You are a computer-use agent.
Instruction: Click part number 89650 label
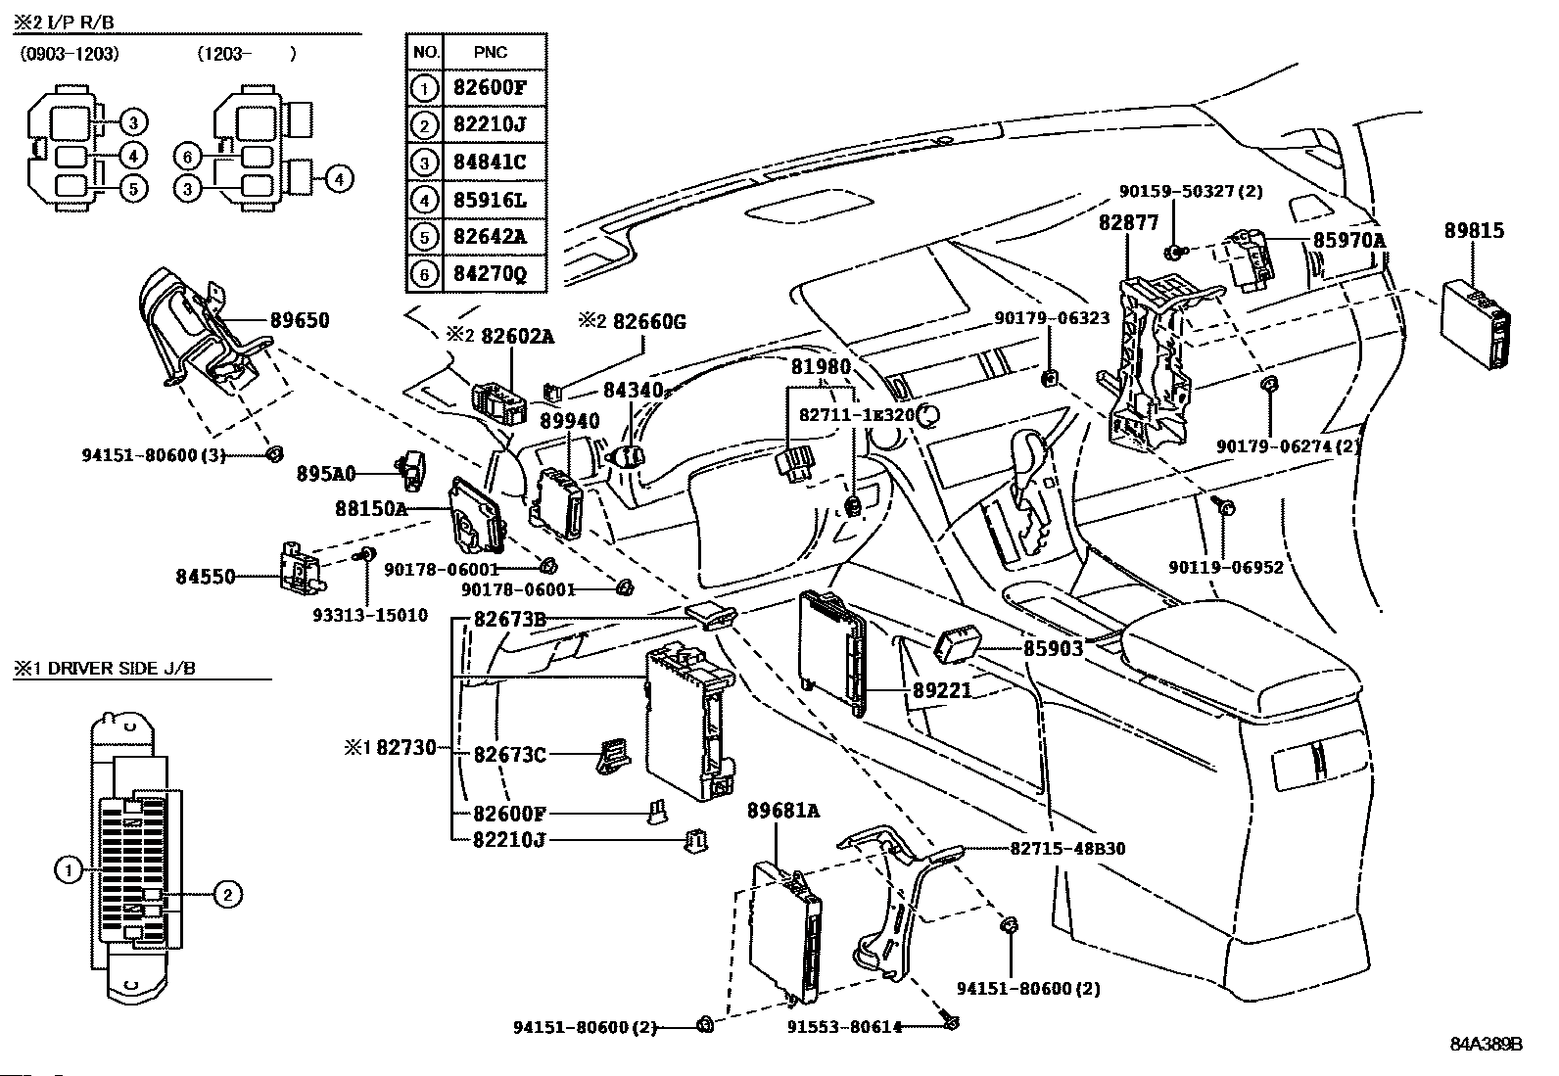coord(300,320)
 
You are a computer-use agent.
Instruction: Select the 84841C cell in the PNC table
coord(490,163)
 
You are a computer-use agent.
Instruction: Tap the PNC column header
coord(490,52)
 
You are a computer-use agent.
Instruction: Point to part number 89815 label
coord(1474,231)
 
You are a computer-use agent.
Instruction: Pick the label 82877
coord(1128,223)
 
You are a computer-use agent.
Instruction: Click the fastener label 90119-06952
coord(1225,567)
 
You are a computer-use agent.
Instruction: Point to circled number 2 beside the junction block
coord(226,894)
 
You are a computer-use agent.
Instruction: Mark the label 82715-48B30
coord(1067,849)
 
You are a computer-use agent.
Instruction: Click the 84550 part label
coord(206,577)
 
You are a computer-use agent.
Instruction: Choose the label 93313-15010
coord(370,615)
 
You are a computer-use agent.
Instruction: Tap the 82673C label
coord(509,755)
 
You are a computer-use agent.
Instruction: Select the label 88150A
coord(371,509)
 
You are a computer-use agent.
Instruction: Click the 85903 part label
coord(1054,648)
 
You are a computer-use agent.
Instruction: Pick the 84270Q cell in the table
coord(490,273)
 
